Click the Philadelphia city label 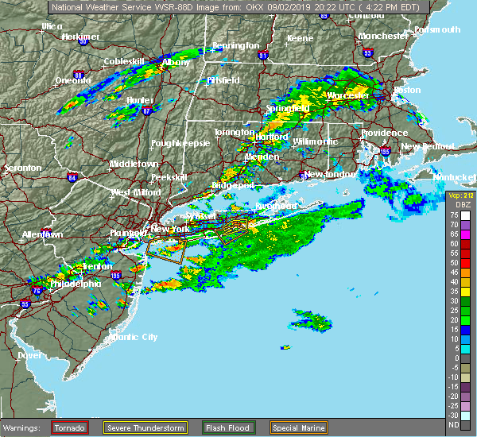click(76, 284)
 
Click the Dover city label click(29, 355)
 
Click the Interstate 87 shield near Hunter click(145, 111)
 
